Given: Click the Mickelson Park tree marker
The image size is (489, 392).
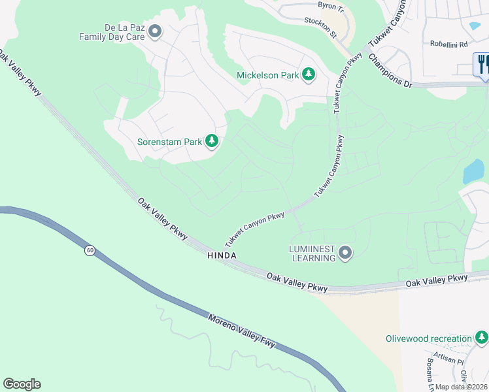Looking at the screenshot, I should coord(309,75).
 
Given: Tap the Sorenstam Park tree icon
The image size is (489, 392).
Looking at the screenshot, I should coord(211,141).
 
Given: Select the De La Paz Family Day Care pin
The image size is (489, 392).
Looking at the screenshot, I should coord(155,31).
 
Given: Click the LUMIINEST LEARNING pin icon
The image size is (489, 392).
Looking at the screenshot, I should coord(345,252).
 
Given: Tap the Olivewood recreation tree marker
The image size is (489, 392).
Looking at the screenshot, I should coord(481,338).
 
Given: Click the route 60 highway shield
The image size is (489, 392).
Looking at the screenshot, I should coord(88,250).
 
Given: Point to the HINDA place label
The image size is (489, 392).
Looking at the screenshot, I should coord(222,255).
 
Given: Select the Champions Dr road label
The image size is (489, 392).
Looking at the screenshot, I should coord(390,71).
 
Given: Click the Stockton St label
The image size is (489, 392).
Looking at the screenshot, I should coord(320,27).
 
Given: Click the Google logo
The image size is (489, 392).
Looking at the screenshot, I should coord(22,384).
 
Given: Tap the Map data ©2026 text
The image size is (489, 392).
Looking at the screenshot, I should coord(462,386).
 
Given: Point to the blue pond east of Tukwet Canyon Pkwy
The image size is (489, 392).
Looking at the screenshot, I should coord(473,171).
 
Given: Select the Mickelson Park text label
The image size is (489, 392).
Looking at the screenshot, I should coord(267,75).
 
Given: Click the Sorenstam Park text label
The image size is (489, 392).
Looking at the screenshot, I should coord(169,141).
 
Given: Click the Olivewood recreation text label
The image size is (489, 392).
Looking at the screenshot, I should coord(428,338).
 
